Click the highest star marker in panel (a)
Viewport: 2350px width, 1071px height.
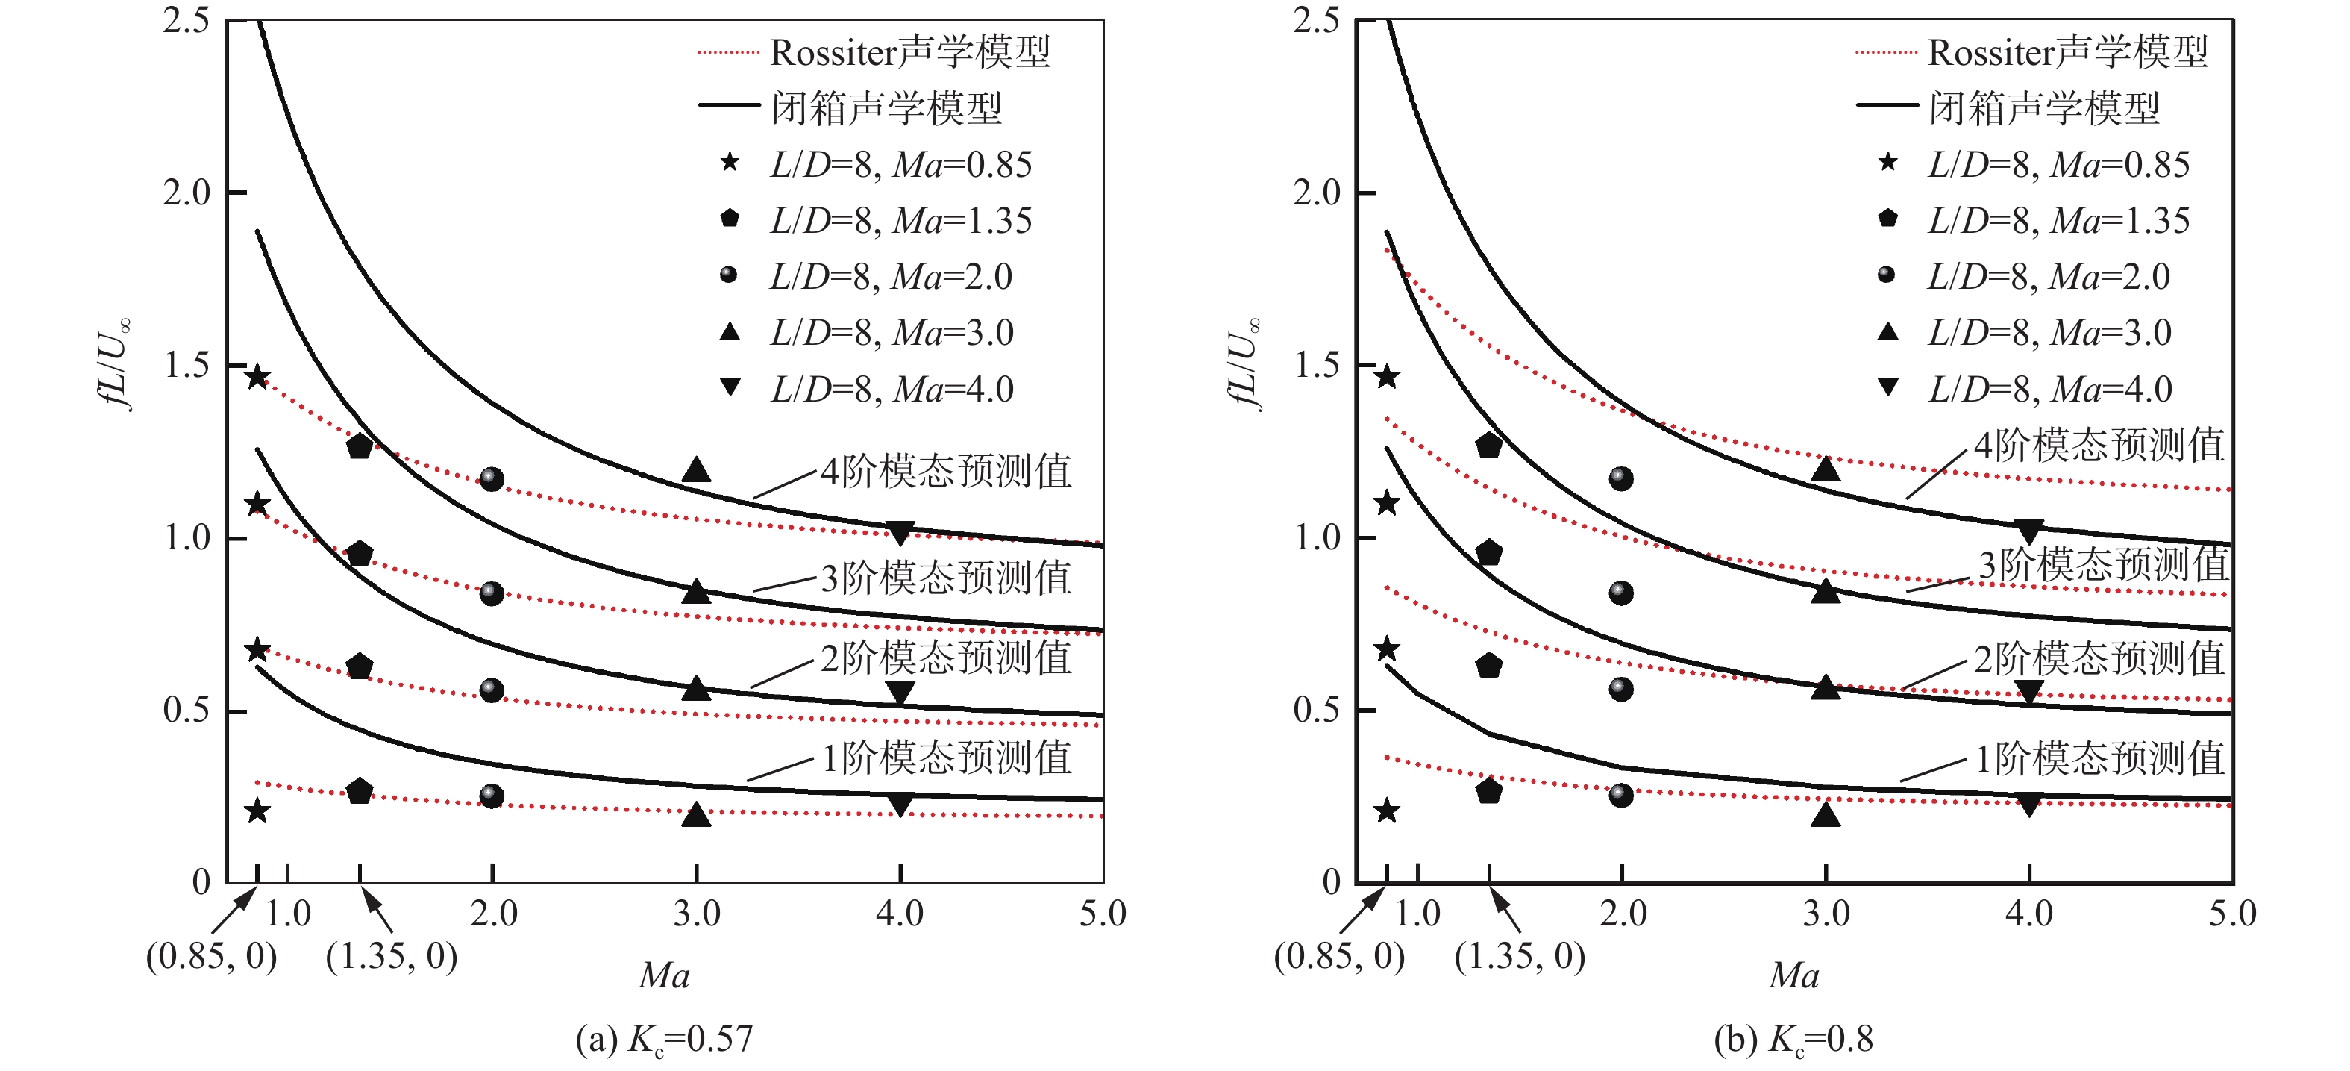pyautogui.click(x=258, y=377)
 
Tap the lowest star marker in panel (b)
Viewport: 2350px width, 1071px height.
pyautogui.click(x=1387, y=810)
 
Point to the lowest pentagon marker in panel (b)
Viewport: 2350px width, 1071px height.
pyautogui.click(x=1489, y=791)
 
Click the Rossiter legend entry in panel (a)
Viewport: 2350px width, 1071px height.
pyautogui.click(x=874, y=52)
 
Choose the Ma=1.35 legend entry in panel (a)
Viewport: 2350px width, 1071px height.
pyautogui.click(x=876, y=221)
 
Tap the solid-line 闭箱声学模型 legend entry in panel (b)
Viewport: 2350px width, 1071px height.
pyautogui.click(x=2007, y=107)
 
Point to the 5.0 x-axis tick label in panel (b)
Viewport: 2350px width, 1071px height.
pyautogui.click(x=2231, y=914)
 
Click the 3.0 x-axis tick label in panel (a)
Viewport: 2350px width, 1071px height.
pyautogui.click(x=697, y=914)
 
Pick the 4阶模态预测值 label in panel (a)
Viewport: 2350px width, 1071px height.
pyautogui.click(x=946, y=472)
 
